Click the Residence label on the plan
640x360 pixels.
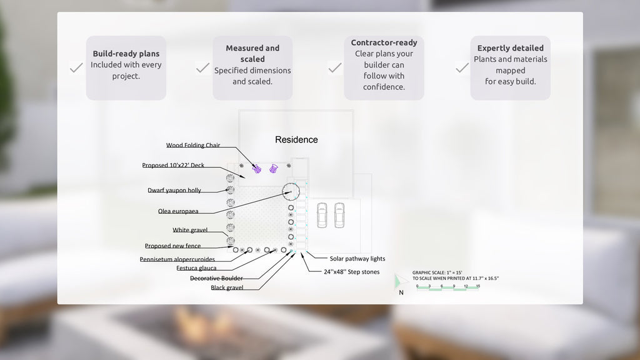click(296, 139)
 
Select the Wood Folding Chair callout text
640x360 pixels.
click(193, 145)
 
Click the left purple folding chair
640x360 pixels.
click(256, 168)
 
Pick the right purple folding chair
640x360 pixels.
click(273, 168)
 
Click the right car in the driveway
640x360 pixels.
click(339, 214)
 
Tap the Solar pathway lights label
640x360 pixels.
click(357, 258)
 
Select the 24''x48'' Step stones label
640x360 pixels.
click(351, 272)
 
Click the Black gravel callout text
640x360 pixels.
click(227, 287)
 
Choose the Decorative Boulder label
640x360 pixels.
click(216, 278)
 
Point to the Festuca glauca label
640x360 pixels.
click(196, 268)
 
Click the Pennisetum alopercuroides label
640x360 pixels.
click(177, 259)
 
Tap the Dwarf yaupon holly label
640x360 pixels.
click(174, 190)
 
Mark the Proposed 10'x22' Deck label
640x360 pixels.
click(173, 166)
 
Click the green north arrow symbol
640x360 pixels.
click(401, 281)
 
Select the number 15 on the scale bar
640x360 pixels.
click(477, 286)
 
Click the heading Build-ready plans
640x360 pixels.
click(126, 54)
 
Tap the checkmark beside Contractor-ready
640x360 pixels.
click(335, 67)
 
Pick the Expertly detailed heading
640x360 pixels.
click(511, 48)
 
